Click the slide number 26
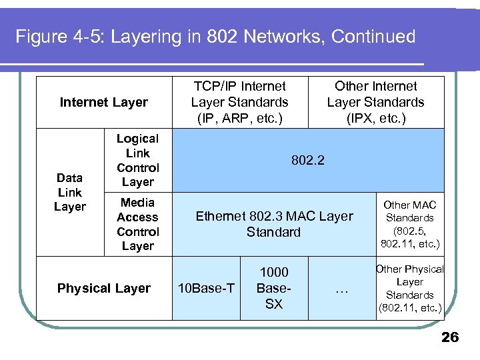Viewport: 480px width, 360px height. (x=450, y=337)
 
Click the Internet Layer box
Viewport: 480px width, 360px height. (x=104, y=102)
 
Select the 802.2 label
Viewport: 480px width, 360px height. (x=307, y=161)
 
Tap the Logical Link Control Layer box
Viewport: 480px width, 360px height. (x=138, y=160)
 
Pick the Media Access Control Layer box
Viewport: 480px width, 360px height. (x=138, y=224)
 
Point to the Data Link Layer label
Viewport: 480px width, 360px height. (x=70, y=192)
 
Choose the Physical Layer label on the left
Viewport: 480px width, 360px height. (x=104, y=288)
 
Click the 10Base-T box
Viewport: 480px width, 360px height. (x=206, y=288)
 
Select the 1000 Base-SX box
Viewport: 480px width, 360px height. (x=274, y=287)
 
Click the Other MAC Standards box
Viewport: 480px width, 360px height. (x=409, y=224)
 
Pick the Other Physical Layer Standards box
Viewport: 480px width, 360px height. (x=409, y=288)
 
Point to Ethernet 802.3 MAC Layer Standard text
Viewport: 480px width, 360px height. (x=274, y=224)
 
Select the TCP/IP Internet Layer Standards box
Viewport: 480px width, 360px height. (x=239, y=102)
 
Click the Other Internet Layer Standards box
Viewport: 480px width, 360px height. (x=375, y=102)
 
